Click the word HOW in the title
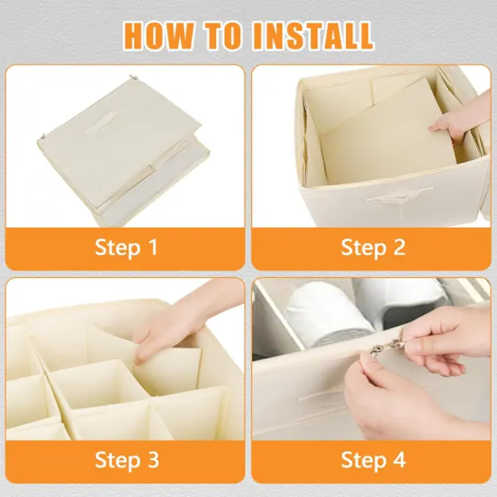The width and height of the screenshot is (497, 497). [x=159, y=35]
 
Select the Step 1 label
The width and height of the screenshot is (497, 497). [x=126, y=248]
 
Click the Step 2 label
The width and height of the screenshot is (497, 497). [x=373, y=248]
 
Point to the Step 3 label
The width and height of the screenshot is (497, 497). [x=127, y=460]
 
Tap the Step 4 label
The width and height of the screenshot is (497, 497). [x=373, y=460]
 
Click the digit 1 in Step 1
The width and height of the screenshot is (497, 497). [x=153, y=247]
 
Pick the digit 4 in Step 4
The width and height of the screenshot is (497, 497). [x=400, y=459]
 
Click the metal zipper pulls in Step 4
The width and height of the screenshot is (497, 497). [x=385, y=347]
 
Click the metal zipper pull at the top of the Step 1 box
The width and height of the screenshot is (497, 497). [x=133, y=77]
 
